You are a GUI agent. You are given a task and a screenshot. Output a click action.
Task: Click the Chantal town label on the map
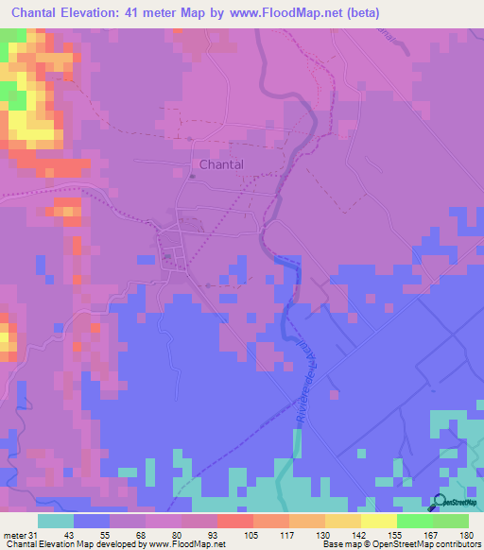click(222, 164)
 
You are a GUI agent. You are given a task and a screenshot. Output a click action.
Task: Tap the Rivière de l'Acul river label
click(307, 378)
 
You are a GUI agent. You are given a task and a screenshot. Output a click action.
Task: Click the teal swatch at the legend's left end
click(56, 521)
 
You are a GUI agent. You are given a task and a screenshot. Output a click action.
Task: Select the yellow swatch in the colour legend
click(378, 521)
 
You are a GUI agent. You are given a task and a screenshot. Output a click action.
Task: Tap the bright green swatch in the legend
click(414, 521)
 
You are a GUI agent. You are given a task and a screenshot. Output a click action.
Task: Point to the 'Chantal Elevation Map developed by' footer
click(69, 544)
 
